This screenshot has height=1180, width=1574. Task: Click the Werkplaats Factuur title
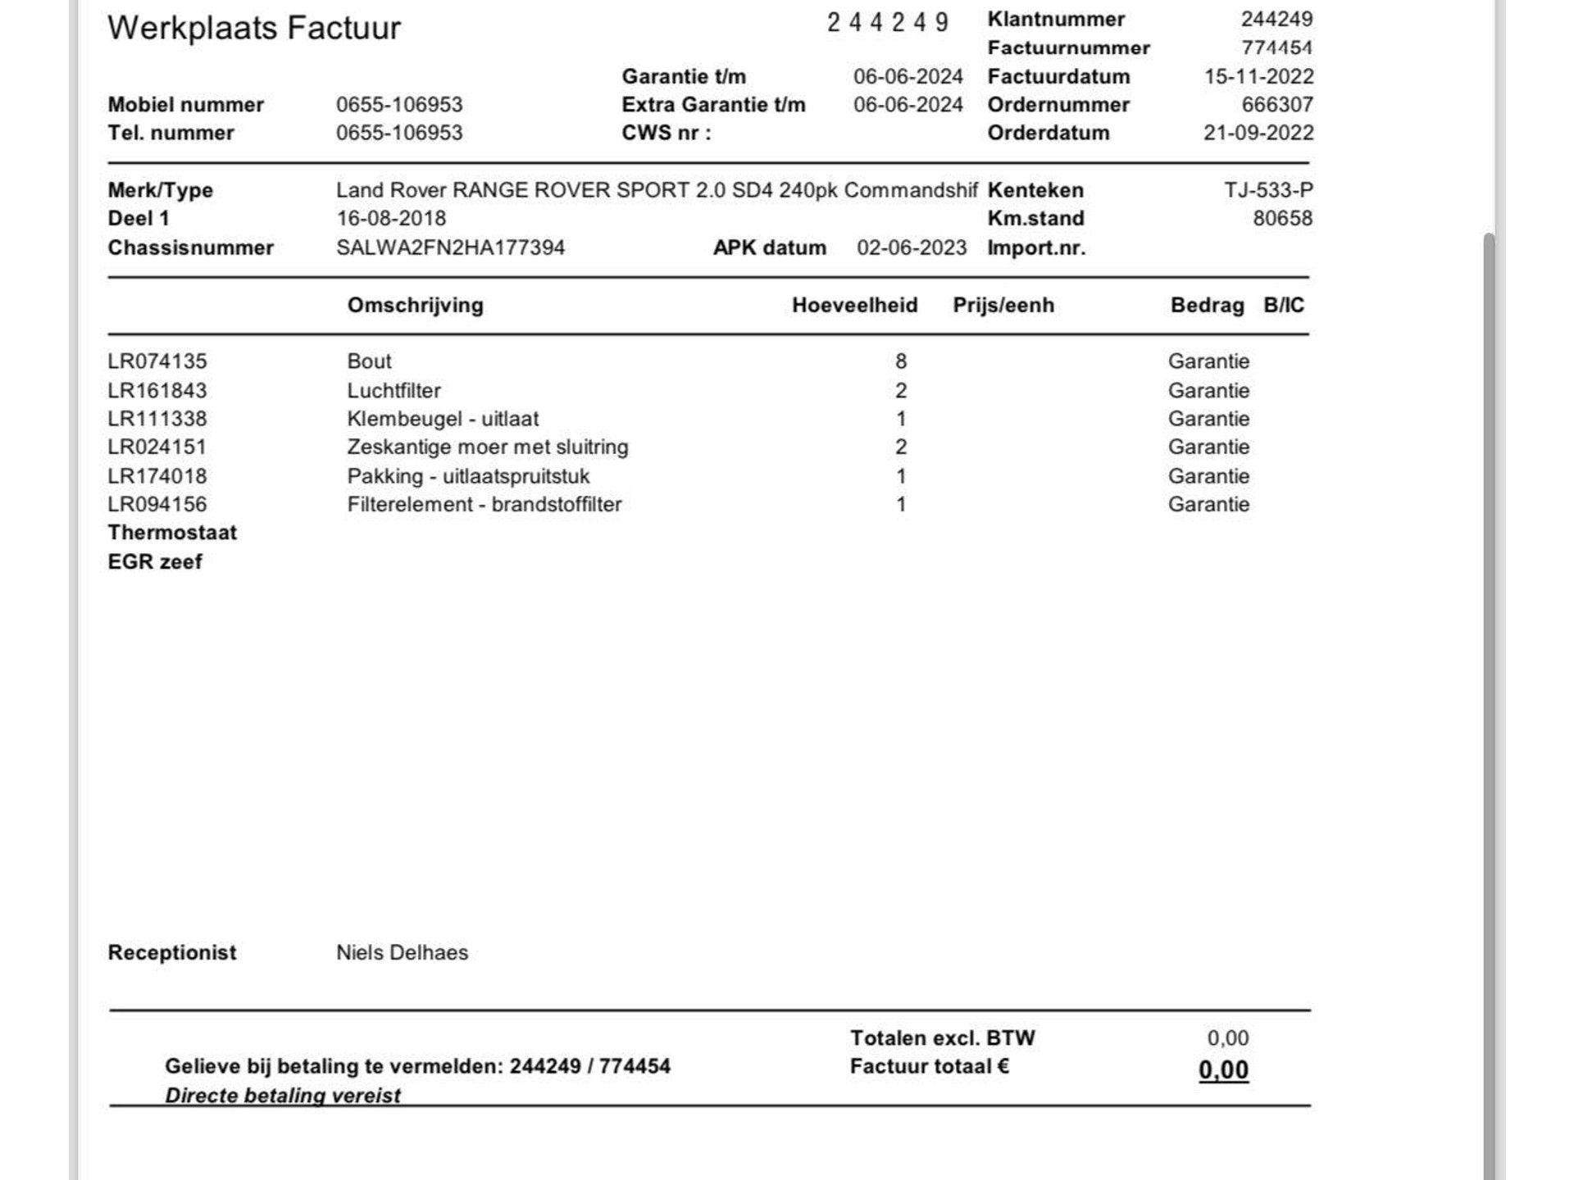254,28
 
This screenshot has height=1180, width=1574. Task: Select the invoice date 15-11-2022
1258,76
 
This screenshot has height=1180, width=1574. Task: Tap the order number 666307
1276,105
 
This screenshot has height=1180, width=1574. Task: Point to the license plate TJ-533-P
1268,190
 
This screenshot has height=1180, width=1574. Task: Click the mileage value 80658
1282,219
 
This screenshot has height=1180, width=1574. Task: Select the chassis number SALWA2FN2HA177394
450,247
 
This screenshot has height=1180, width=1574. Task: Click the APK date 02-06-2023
912,247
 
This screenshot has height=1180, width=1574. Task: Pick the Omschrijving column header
415,306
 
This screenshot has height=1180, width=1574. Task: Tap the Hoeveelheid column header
854,306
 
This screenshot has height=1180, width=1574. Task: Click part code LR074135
157,361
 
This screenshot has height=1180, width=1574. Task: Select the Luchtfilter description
393,391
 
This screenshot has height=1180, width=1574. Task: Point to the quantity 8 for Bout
901,361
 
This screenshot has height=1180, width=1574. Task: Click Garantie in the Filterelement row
1208,505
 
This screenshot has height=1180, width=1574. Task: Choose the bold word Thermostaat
172,533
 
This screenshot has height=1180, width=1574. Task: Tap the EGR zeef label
155,562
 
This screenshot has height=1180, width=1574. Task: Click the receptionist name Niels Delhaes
402,953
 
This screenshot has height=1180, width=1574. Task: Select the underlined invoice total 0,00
1223,1070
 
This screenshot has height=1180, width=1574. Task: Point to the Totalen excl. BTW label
942,1038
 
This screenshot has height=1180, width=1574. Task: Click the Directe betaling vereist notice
283,1096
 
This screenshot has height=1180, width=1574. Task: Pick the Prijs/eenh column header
1003,306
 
